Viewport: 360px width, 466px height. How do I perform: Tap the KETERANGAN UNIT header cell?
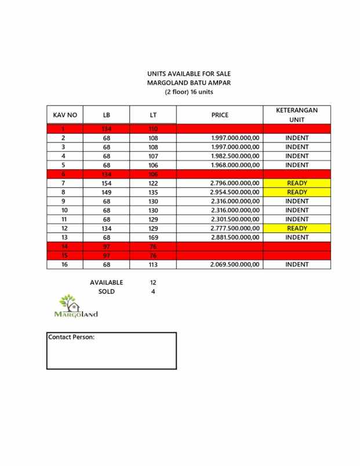point(297,115)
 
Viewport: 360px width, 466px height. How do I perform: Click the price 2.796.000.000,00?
point(235,183)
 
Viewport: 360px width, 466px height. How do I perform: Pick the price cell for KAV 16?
point(235,264)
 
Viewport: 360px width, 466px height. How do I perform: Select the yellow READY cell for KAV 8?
point(297,192)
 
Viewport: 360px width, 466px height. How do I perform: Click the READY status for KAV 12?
point(297,228)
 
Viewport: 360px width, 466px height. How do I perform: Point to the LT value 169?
point(153,237)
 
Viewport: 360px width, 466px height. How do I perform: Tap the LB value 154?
point(106,183)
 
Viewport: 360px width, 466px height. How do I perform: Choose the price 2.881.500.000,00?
point(235,237)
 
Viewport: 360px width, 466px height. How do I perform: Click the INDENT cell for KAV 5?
point(297,165)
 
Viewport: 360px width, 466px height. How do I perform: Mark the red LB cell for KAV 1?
point(106,129)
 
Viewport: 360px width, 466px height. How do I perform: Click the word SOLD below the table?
point(106,292)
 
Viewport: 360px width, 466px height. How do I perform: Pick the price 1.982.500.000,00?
point(235,156)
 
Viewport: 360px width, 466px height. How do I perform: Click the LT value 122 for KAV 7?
point(153,183)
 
